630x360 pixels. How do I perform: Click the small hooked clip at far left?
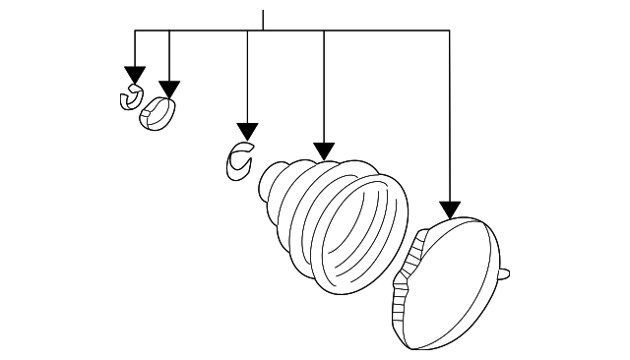(129, 98)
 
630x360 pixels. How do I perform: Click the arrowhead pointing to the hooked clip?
(135, 76)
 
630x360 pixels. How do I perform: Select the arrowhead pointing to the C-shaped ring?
(247, 132)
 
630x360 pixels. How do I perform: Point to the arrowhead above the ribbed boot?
(324, 150)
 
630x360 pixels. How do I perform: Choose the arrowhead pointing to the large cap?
(450, 209)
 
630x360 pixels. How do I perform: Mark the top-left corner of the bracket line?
(135, 31)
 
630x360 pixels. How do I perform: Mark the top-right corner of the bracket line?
(450, 31)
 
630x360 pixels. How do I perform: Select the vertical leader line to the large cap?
(450, 118)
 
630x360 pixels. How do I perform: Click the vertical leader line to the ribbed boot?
(324, 89)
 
